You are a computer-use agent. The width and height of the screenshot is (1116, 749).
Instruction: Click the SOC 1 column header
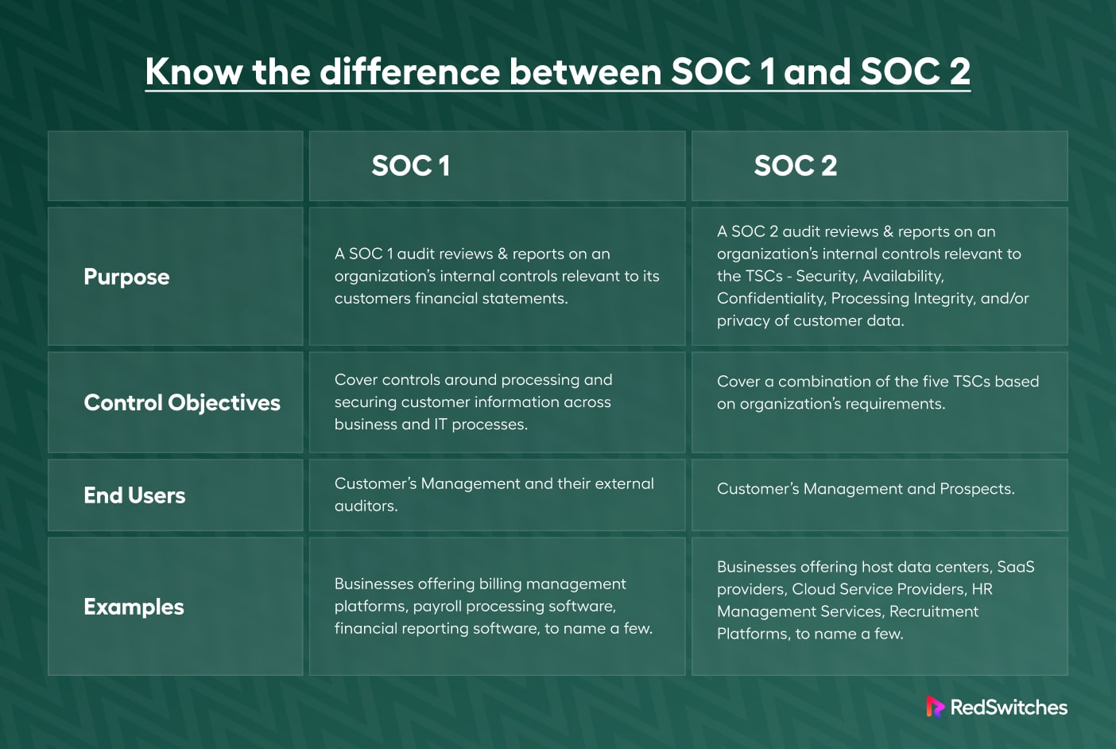click(410, 165)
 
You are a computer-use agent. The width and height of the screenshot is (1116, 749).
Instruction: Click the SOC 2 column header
click(795, 165)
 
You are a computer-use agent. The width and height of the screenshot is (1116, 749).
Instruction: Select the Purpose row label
click(126, 277)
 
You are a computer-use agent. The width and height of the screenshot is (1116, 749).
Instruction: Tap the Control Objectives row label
click(182, 403)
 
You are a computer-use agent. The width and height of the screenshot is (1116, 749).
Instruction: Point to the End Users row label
click(134, 495)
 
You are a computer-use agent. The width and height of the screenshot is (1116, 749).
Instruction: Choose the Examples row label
click(134, 607)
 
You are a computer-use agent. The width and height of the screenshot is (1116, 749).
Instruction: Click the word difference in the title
click(409, 72)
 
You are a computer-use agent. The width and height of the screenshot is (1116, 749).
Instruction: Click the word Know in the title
click(194, 72)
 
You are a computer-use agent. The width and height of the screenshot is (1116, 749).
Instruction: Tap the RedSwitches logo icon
click(935, 707)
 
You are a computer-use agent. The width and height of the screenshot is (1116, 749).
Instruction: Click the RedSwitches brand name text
click(1009, 708)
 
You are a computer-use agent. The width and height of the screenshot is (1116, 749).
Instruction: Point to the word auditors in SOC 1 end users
click(366, 506)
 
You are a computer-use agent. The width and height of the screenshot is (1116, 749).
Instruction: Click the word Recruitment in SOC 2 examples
click(934, 611)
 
